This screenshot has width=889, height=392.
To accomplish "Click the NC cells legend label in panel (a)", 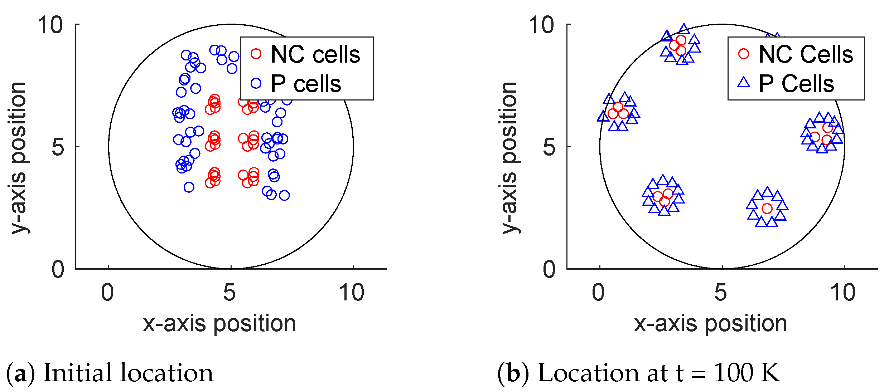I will tap(315, 55).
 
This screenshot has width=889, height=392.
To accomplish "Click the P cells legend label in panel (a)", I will tap(306, 84).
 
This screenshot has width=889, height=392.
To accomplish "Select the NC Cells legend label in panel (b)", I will tap(806, 55).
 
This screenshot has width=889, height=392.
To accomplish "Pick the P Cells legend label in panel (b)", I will tap(796, 84).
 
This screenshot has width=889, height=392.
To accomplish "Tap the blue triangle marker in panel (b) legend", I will tap(744, 83).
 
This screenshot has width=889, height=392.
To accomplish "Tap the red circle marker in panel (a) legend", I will tap(256, 54).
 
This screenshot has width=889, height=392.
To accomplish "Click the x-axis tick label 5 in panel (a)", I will tap(230, 293).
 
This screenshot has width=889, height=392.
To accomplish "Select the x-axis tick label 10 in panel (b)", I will tap(843, 293).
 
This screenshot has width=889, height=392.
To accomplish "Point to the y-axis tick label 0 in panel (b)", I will tap(549, 269).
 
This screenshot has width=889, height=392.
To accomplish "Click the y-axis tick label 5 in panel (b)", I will tap(549, 147).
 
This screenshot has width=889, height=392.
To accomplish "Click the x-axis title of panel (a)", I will tap(219, 324).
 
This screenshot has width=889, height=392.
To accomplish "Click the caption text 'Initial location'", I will tap(128, 373).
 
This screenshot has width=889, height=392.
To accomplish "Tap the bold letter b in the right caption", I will tap(513, 373).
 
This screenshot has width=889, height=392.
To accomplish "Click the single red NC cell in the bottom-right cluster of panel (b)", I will tap(767, 209).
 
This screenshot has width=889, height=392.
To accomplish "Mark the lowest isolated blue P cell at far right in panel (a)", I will tap(284, 195).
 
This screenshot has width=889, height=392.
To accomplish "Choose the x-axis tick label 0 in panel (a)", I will tap(107, 293).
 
